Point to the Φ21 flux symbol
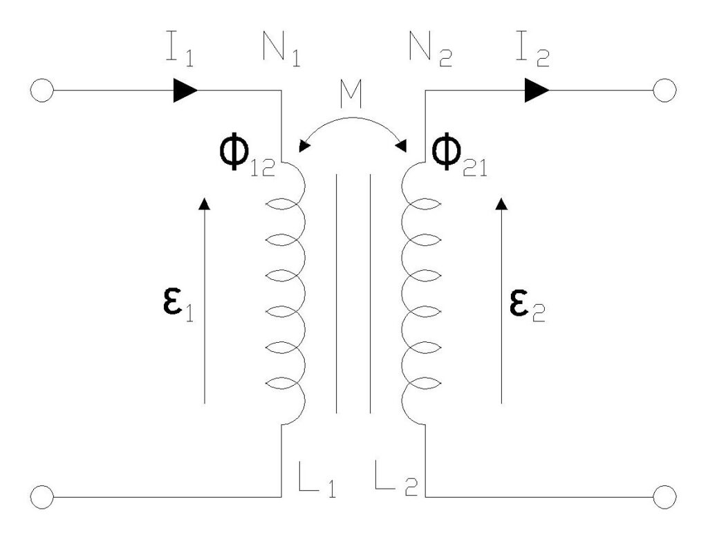(x=458, y=162)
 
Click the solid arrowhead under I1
(x=185, y=91)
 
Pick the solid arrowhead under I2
(x=537, y=91)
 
